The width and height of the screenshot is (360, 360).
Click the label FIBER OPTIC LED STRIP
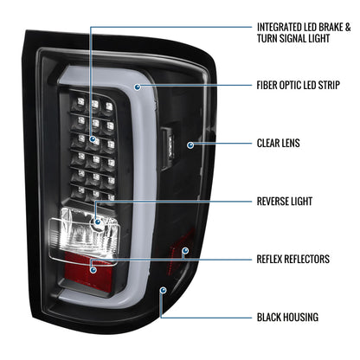[x=299, y=86]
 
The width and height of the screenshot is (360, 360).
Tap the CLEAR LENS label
[x=279, y=143]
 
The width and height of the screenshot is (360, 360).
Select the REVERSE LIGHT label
[x=285, y=202]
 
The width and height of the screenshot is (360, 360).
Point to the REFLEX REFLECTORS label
[x=293, y=259]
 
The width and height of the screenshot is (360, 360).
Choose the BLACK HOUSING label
[x=288, y=318]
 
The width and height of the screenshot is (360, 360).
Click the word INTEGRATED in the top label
[x=280, y=28]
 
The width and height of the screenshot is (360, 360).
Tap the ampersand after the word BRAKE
[x=348, y=28]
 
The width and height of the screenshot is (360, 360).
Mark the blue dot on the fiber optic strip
[x=138, y=87]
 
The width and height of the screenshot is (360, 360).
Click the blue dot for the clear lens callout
[x=190, y=145]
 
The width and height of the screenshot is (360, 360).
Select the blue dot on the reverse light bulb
[x=98, y=222]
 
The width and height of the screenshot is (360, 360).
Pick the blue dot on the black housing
[x=164, y=290]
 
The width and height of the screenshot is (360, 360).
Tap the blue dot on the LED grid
[x=93, y=139]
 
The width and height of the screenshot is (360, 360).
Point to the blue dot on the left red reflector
[x=93, y=270]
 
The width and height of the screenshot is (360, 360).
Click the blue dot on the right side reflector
[x=185, y=250]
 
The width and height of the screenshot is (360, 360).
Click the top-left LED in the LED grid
[x=80, y=102]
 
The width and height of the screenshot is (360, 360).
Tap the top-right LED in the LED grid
[x=109, y=106]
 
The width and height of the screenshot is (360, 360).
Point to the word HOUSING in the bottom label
[x=300, y=318]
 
